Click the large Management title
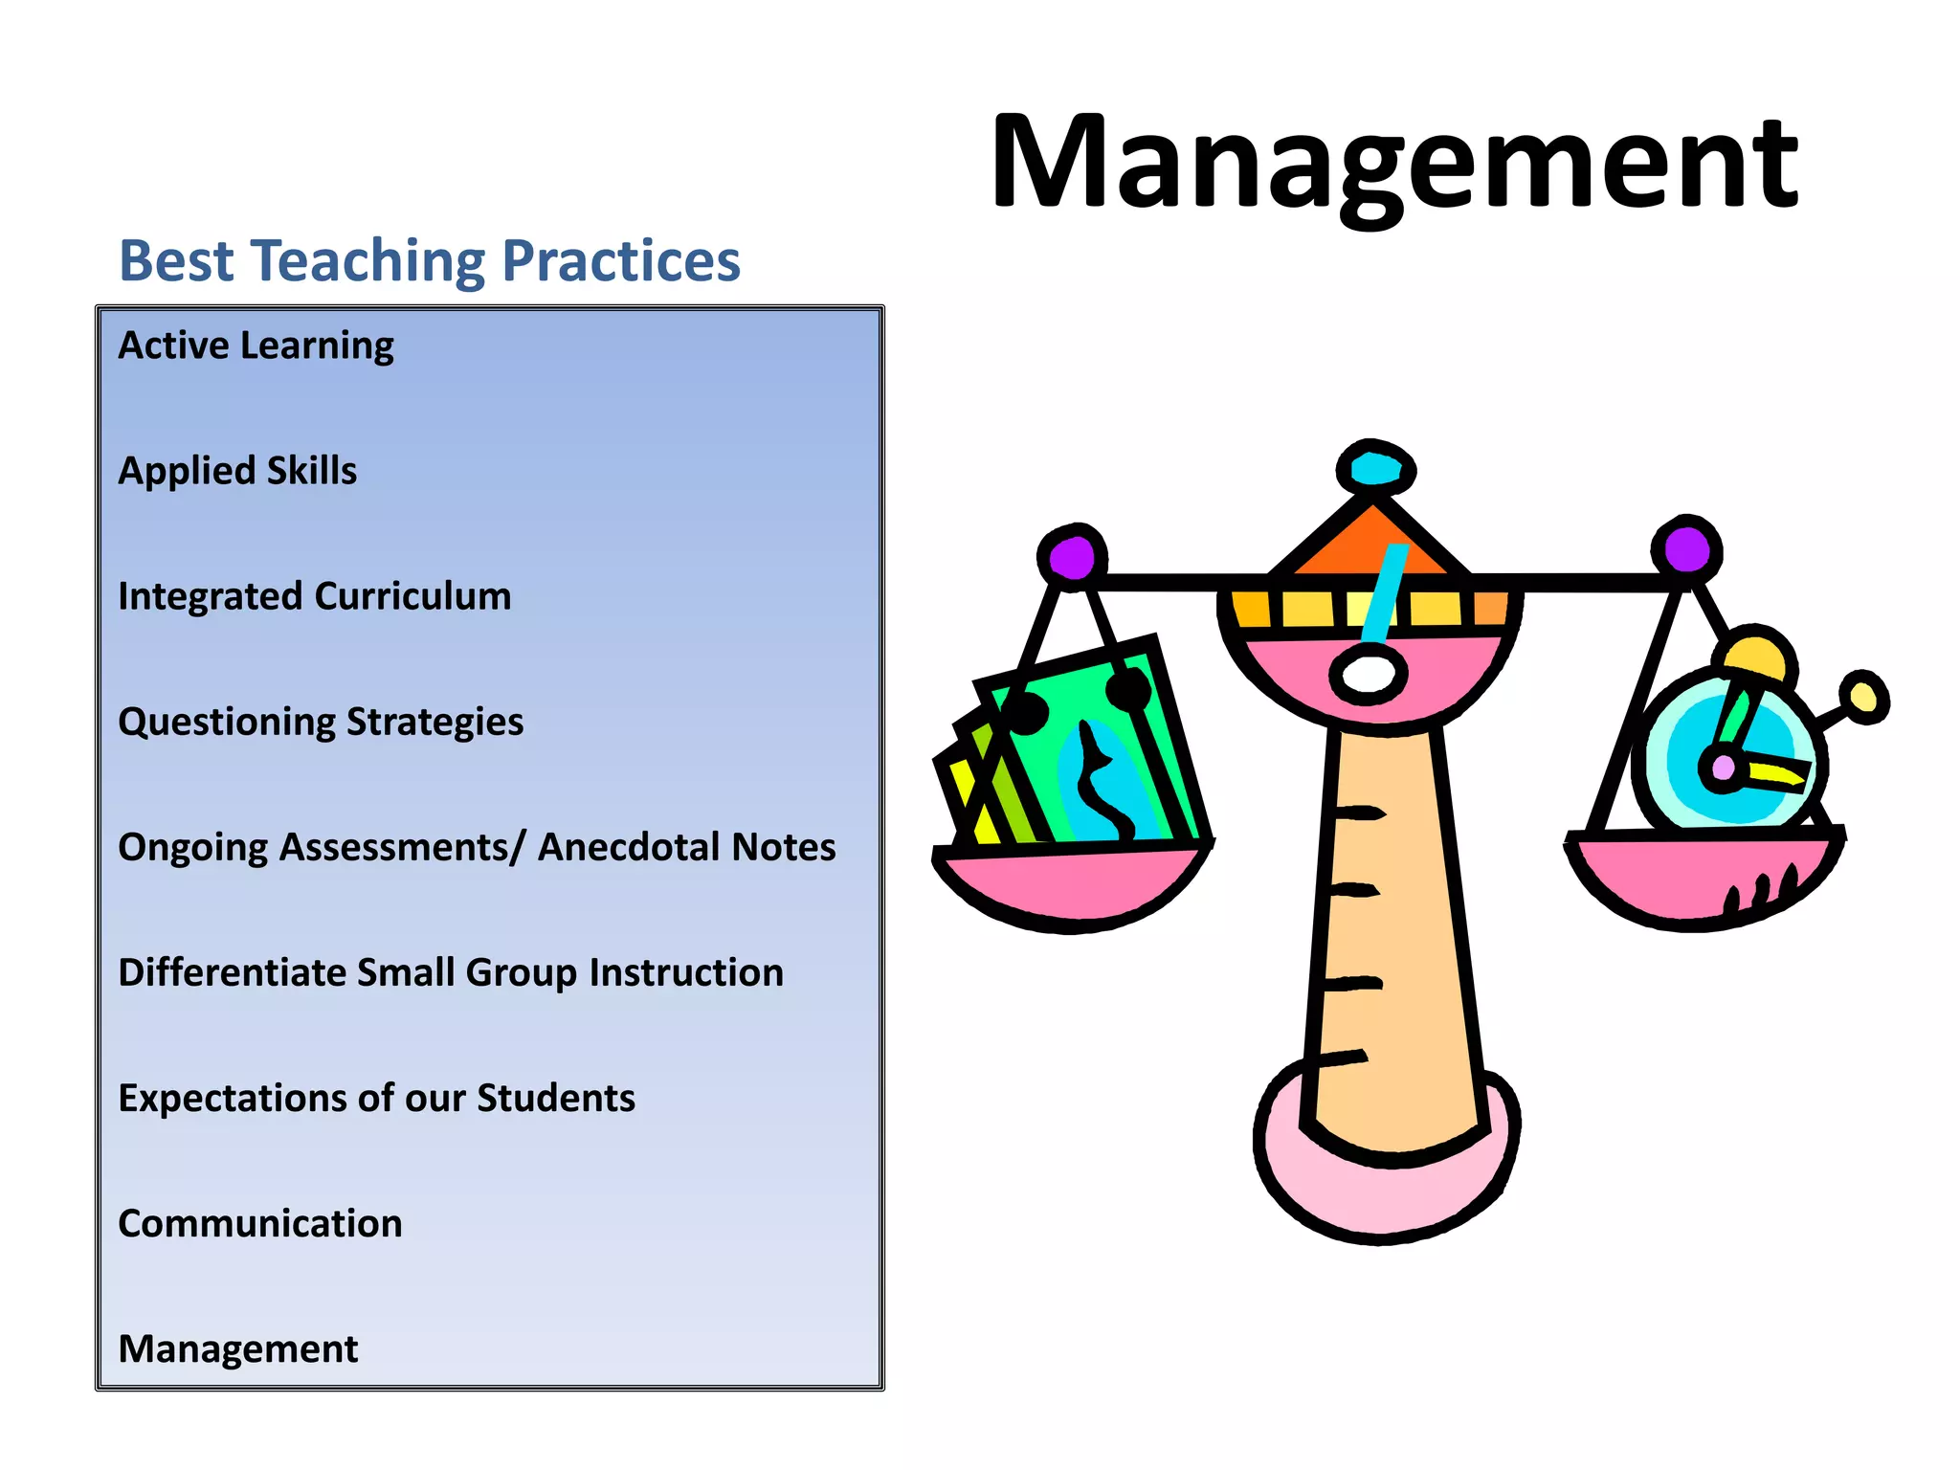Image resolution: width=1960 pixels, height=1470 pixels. [1395, 163]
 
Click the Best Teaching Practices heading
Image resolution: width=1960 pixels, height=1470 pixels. [429, 260]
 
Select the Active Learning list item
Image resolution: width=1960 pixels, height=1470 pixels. [256, 345]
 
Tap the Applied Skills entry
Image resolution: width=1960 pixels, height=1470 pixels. [237, 471]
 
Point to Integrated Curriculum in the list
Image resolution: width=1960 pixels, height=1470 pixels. [315, 596]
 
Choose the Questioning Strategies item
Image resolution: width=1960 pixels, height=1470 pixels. [321, 722]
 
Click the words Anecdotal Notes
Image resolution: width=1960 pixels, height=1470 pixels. [686, 847]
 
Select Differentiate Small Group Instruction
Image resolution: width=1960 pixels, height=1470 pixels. [451, 972]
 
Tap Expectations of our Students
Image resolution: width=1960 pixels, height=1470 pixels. [376, 1098]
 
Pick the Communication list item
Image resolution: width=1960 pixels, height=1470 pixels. [260, 1223]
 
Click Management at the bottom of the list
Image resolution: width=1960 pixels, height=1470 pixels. [238, 1348]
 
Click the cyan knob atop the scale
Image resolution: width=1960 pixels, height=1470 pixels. [1375, 469]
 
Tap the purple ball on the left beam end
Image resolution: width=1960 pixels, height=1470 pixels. [1072, 556]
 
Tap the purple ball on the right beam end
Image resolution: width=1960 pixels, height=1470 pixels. [1686, 550]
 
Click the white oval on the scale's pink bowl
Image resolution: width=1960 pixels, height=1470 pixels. [1369, 675]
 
